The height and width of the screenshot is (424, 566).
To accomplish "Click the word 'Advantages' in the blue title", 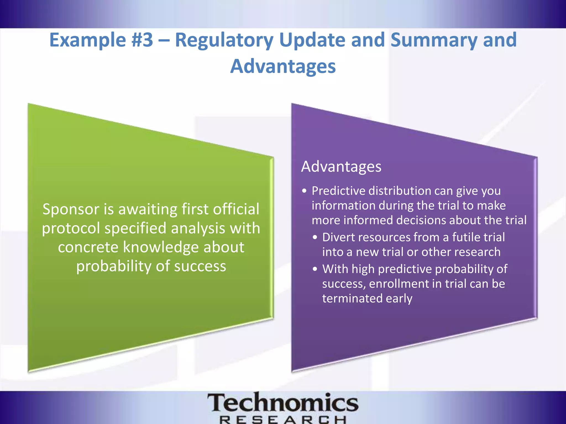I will [x=283, y=67].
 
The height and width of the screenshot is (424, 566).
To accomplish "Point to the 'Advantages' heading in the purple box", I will [x=341, y=167].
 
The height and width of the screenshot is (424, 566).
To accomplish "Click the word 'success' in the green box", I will [x=200, y=266].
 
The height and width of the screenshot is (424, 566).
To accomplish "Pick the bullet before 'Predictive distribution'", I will [x=304, y=191].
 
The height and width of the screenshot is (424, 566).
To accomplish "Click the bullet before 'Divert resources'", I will [x=315, y=237].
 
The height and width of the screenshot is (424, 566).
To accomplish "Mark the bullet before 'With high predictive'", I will [x=315, y=269].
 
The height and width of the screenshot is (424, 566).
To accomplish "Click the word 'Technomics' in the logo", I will [x=283, y=403].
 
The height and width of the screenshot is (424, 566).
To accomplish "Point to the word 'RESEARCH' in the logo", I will [x=283, y=420].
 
